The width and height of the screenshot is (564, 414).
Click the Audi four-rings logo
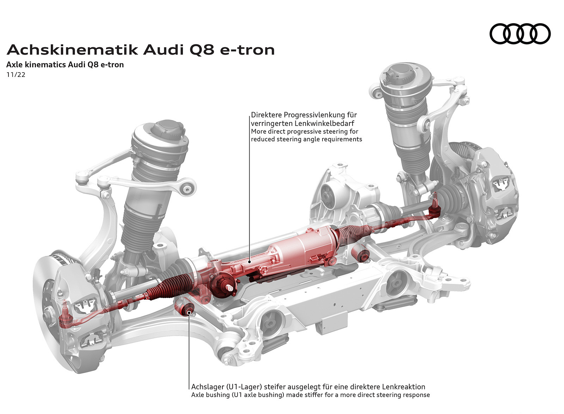point(520,34)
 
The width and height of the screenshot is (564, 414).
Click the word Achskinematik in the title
point(72,50)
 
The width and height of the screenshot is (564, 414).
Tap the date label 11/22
point(16,75)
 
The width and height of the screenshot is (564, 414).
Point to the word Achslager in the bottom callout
point(207,387)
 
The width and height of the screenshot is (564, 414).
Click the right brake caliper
point(497,197)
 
